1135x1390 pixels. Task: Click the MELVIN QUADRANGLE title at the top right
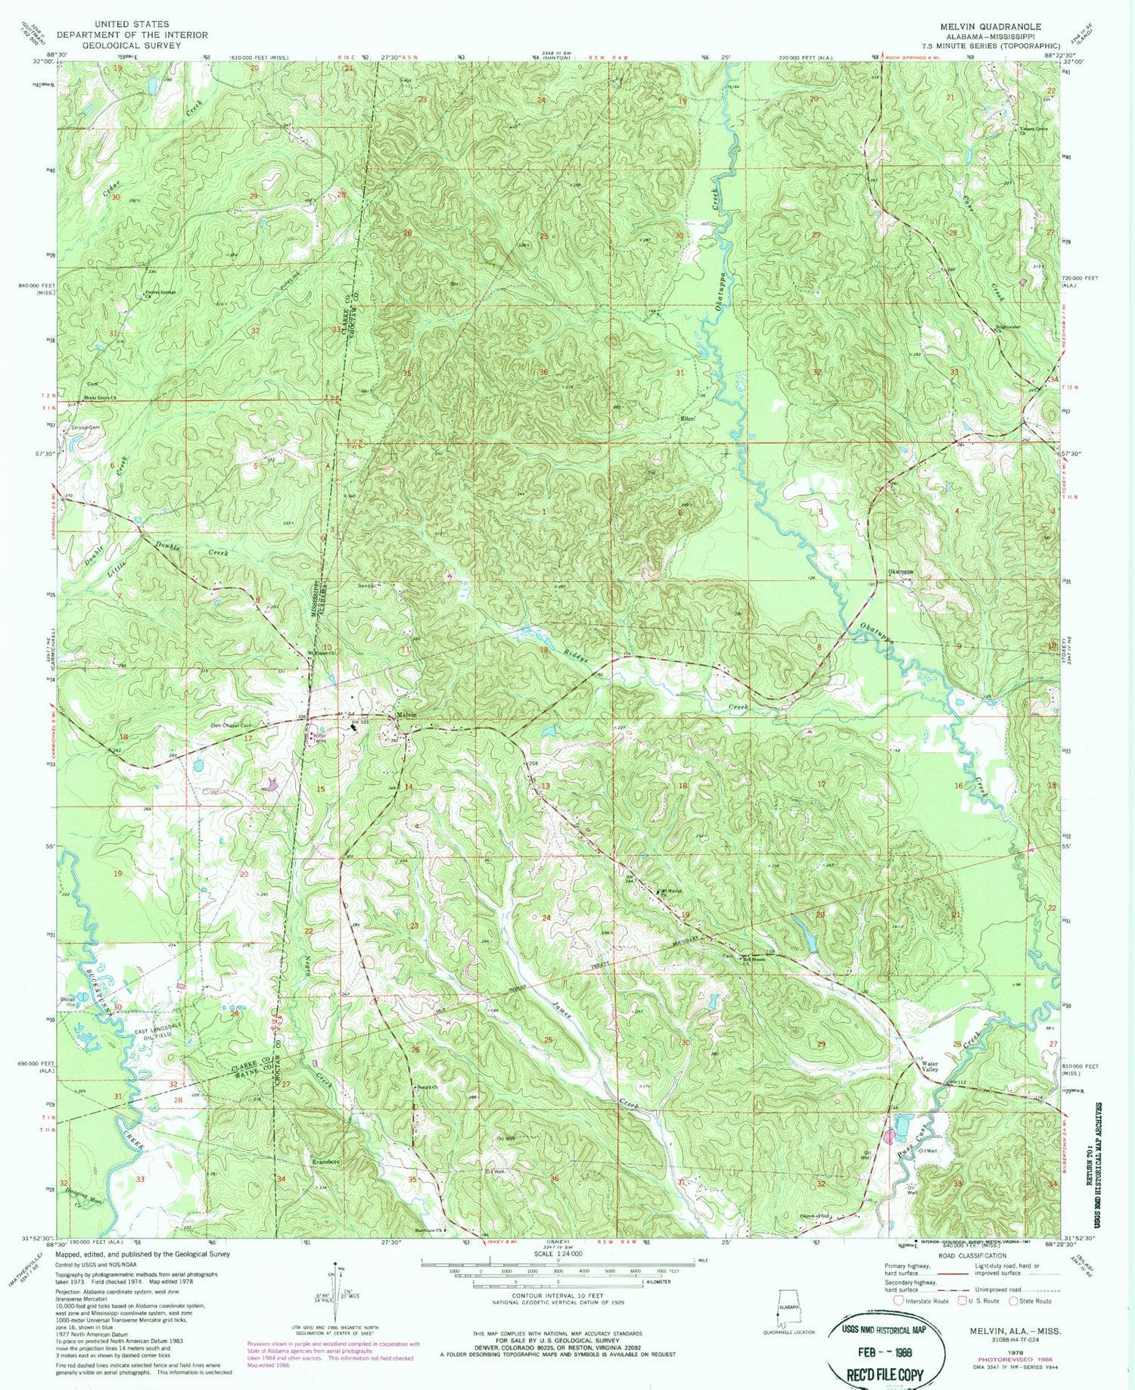click(x=990, y=26)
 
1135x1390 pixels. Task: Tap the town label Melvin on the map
click(x=407, y=715)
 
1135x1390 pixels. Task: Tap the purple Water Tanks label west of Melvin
click(x=319, y=736)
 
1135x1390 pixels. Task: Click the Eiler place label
click(x=687, y=418)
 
